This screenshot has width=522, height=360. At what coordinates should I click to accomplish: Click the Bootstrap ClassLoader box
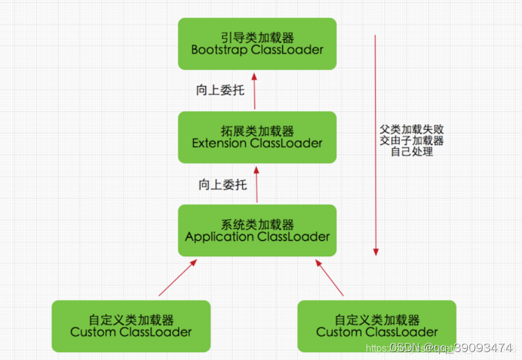point(257,44)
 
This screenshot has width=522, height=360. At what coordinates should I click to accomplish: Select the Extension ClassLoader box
point(257,137)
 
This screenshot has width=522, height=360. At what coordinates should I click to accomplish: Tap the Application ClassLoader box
point(257,230)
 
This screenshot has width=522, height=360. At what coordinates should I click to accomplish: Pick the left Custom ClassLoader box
point(131,326)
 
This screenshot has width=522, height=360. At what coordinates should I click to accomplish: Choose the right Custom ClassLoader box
point(377,326)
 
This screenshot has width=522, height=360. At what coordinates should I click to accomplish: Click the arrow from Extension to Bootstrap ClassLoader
point(255,90)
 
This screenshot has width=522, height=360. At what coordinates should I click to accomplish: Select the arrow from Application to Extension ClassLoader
point(256,184)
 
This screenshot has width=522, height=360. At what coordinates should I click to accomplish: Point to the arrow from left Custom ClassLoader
point(177,278)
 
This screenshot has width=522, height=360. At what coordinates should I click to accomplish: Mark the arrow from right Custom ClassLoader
point(330,278)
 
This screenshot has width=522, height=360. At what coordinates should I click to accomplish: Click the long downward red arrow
point(376,144)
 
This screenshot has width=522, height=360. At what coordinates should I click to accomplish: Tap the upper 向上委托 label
point(220,90)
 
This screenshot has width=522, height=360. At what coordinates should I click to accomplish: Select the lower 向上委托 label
point(222,184)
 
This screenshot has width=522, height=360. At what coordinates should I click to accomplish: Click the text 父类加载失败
point(412,130)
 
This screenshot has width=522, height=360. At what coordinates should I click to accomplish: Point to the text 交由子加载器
point(412,141)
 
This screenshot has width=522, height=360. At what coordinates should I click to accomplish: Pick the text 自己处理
point(412,151)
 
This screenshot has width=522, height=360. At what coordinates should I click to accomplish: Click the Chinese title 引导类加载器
point(257,37)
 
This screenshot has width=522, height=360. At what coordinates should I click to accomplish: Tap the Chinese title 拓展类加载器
point(257,131)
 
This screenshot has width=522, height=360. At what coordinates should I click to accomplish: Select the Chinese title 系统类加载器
point(257,224)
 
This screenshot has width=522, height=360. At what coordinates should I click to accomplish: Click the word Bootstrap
point(219,50)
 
